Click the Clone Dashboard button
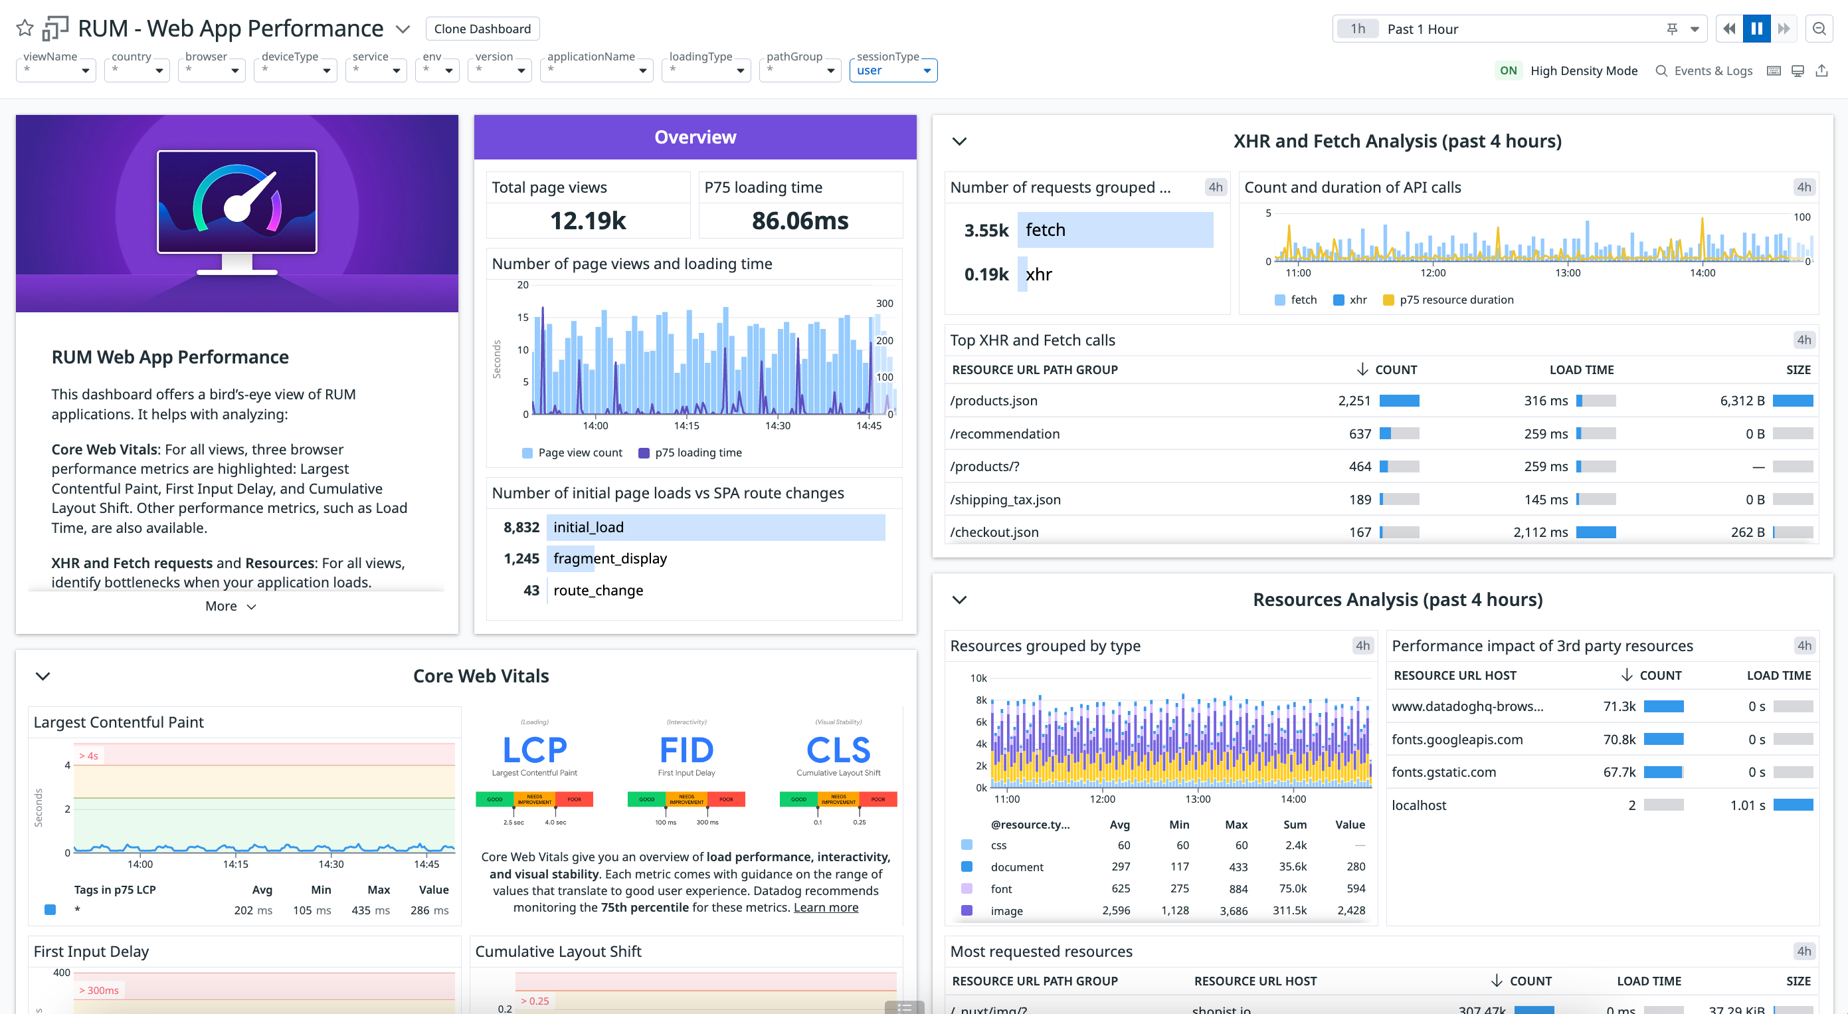[x=482, y=29]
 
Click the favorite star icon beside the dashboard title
[x=25, y=29]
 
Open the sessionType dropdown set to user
[x=893, y=70]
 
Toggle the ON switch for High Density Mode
[x=1508, y=70]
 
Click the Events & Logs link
[x=1704, y=70]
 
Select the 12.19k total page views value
[x=587, y=221]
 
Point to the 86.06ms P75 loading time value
[x=800, y=221]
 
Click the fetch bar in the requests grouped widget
[x=1114, y=230]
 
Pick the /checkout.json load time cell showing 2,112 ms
[x=1540, y=532]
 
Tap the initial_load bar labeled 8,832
[x=715, y=527]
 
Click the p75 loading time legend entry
[x=697, y=453]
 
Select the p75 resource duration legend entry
[x=1455, y=300]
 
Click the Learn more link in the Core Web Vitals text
[x=825, y=907]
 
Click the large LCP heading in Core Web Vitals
[x=535, y=751]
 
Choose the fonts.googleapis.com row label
[x=1456, y=739]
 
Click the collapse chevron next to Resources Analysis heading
[x=959, y=600]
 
